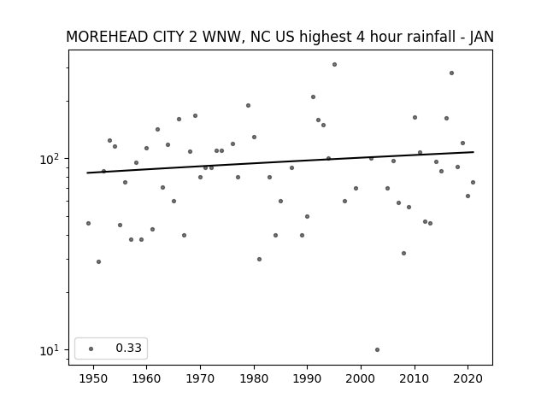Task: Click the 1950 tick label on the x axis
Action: (x=93, y=378)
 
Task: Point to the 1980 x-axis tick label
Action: (x=254, y=378)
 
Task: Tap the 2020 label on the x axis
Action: (x=468, y=378)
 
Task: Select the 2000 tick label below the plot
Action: (x=361, y=378)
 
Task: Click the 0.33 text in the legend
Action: (x=129, y=348)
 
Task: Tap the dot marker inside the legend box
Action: (x=91, y=348)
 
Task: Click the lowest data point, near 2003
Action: (x=377, y=349)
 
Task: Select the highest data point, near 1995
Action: (x=334, y=65)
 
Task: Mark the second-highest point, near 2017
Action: (x=452, y=73)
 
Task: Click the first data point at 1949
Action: (x=88, y=224)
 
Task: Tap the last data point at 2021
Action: (x=473, y=182)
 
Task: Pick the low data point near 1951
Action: (x=99, y=262)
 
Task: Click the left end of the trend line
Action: (x=87, y=173)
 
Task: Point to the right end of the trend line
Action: (x=473, y=152)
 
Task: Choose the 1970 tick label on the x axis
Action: (x=200, y=378)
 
